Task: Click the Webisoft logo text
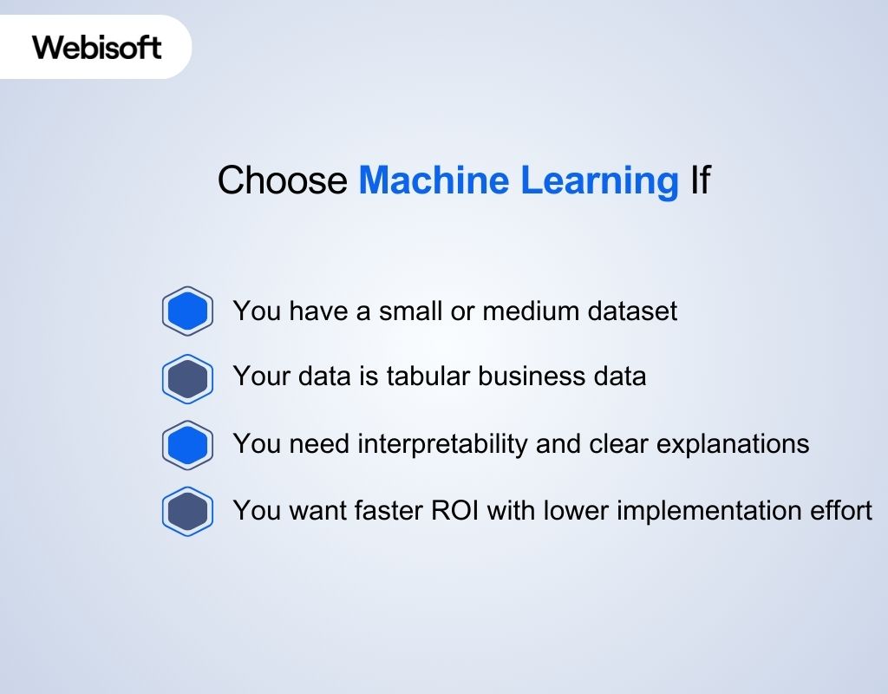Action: point(97,47)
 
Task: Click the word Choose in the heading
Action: point(282,180)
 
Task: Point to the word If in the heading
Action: point(700,180)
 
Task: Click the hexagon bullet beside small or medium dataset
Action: point(187,311)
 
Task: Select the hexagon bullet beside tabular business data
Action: point(187,378)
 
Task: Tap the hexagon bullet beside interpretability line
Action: point(187,444)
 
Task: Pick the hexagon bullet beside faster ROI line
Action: point(187,511)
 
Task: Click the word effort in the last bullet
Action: point(842,510)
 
